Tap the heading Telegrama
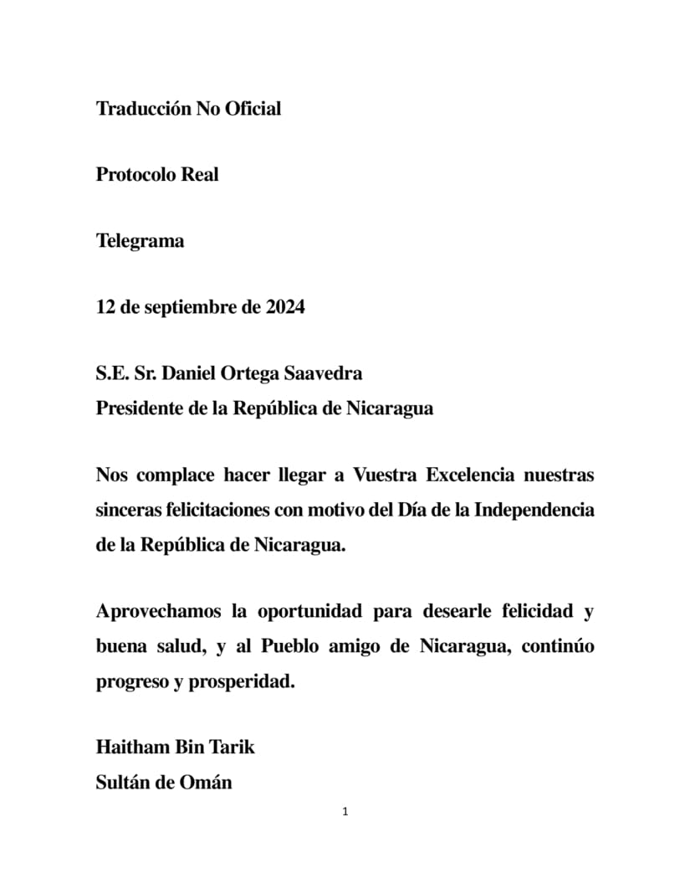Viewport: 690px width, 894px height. (x=140, y=241)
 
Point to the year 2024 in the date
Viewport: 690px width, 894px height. (x=285, y=307)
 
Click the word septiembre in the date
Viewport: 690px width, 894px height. (x=189, y=307)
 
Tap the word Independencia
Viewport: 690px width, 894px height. (x=534, y=511)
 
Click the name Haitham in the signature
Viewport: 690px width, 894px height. (x=131, y=747)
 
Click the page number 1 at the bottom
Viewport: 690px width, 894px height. (x=345, y=812)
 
